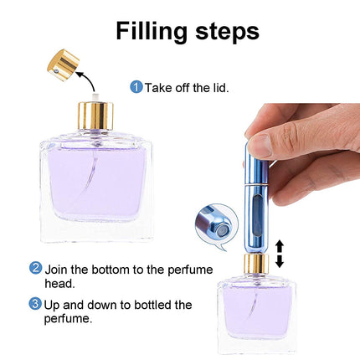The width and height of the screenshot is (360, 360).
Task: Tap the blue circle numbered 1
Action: pyautogui.click(x=136, y=86)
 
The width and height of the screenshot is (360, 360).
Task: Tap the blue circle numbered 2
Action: pyautogui.click(x=36, y=269)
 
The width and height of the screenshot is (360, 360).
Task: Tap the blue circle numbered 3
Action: pyautogui.click(x=36, y=304)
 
